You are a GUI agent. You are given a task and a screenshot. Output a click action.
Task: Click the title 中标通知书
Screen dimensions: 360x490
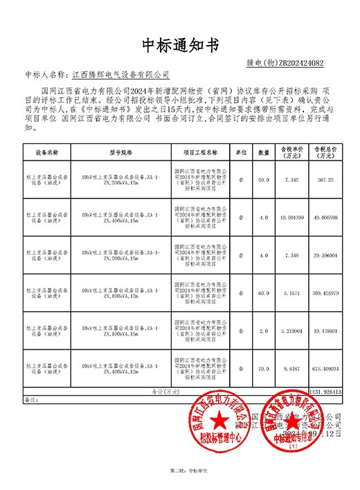pos(179,45)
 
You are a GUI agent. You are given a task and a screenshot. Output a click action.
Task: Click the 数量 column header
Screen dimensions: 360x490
pos(264,151)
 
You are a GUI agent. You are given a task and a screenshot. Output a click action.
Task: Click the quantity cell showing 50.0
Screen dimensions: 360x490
pos(264,179)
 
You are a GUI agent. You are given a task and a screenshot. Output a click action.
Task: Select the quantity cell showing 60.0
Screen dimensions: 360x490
pos(264,293)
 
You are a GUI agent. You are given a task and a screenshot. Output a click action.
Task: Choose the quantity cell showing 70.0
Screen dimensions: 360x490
pos(264,369)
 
